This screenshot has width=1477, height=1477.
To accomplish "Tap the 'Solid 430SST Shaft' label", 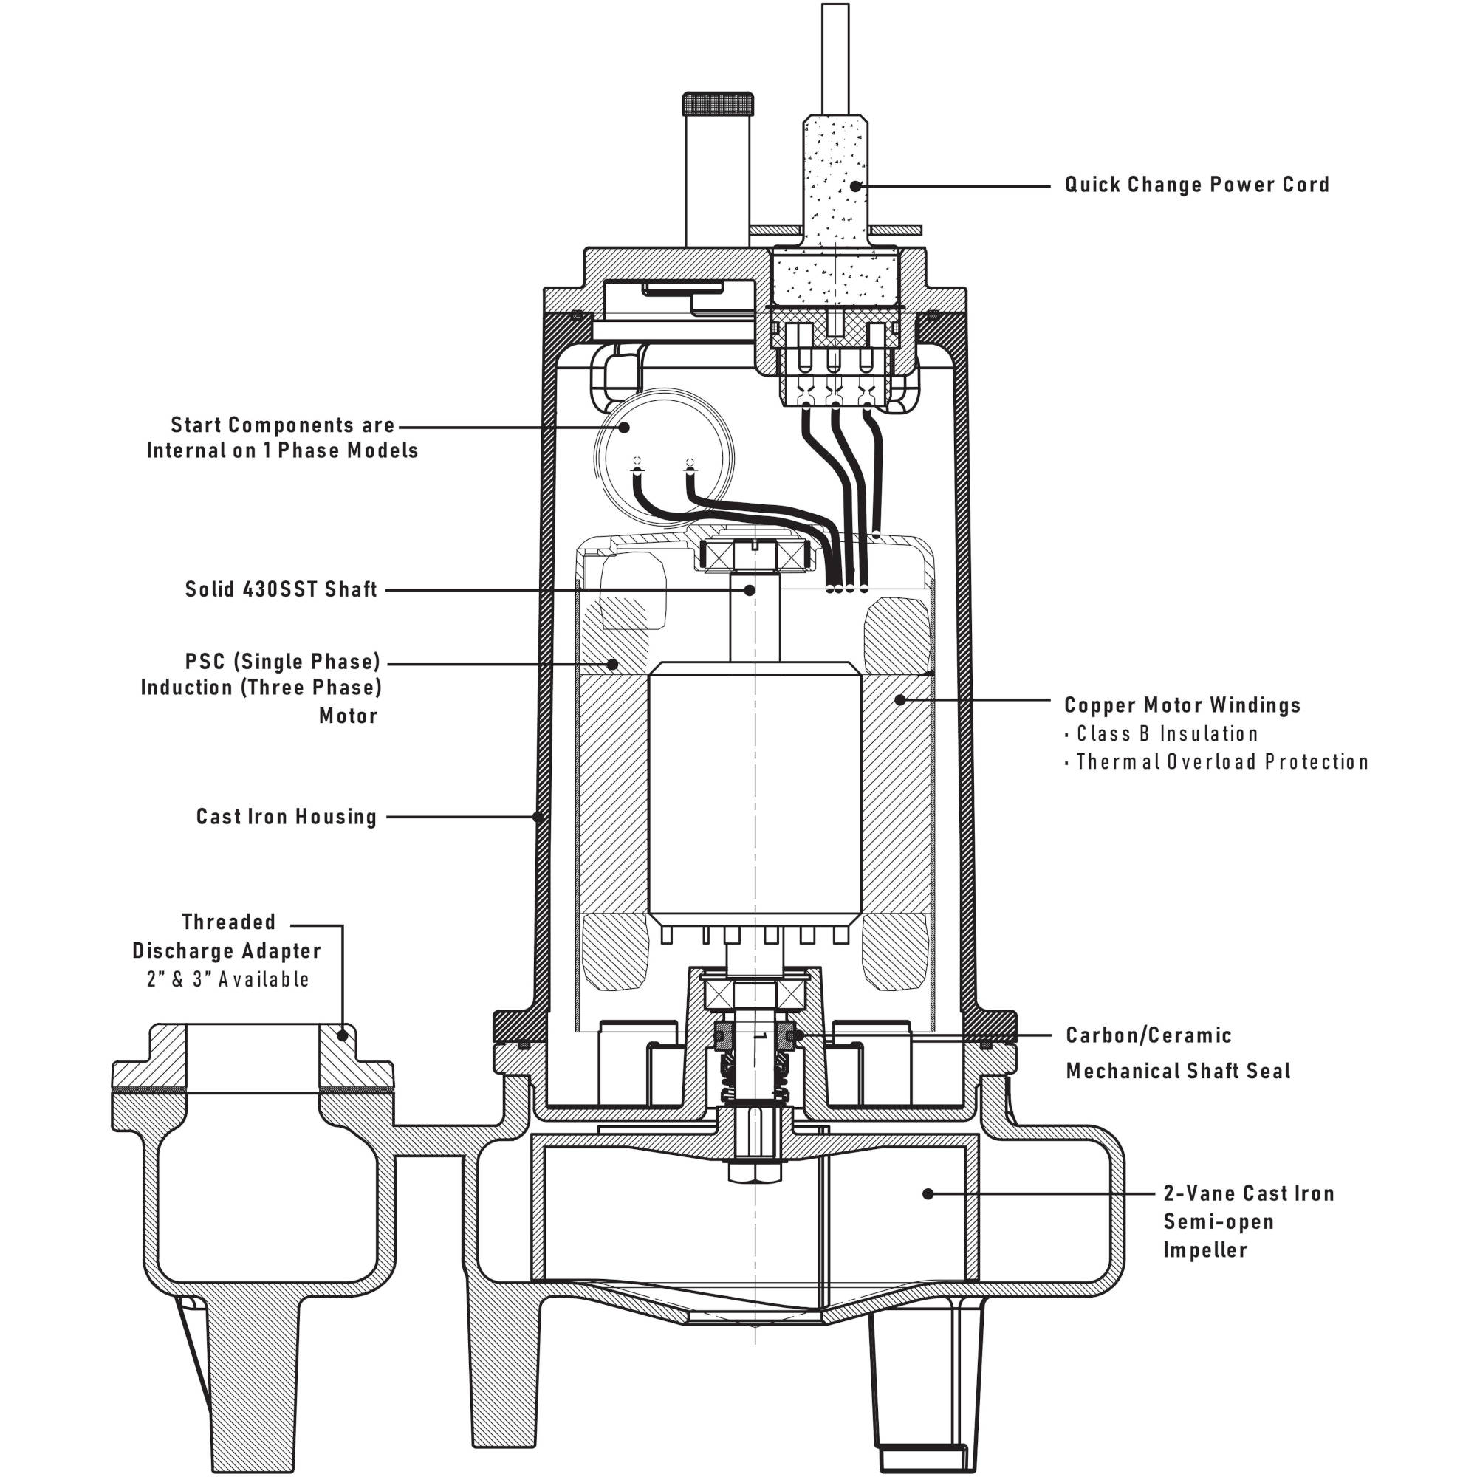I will pyautogui.click(x=281, y=589).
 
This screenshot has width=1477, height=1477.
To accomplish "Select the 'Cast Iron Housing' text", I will pyautogui.click(x=287, y=817).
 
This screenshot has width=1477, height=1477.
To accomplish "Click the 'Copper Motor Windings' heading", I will pyautogui.click(x=1182, y=705).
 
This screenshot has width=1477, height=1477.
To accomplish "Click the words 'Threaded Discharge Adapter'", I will pyautogui.click(x=227, y=936).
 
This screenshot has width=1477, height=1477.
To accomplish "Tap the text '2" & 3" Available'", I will pyautogui.click(x=227, y=979).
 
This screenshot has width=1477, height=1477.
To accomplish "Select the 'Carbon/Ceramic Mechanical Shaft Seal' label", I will pyautogui.click(x=1177, y=1052).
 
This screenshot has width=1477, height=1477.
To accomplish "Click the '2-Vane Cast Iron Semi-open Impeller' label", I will pyautogui.click(x=1247, y=1221).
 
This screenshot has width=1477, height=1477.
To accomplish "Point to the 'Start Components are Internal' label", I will pyautogui.click(x=282, y=437).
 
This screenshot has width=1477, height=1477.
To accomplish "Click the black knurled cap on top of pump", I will pyautogui.click(x=717, y=103).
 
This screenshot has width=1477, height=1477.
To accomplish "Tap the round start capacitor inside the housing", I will pyautogui.click(x=664, y=456).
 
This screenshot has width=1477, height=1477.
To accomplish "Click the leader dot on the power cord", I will pyautogui.click(x=855, y=185).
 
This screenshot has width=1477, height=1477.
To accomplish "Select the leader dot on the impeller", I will pyautogui.click(x=928, y=1193).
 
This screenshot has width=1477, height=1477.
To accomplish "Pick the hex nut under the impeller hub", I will pyautogui.click(x=755, y=1173).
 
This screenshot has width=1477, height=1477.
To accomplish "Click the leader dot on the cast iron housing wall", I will pyautogui.click(x=538, y=817).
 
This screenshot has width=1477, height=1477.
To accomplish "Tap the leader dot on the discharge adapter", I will pyautogui.click(x=343, y=1036).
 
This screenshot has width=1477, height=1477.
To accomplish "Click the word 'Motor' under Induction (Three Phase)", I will pyautogui.click(x=349, y=716).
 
